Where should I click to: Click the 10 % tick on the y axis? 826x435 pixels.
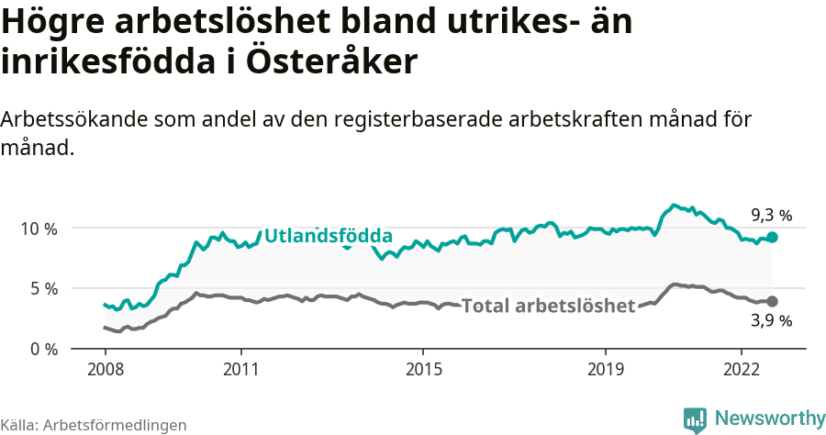(x=37, y=228)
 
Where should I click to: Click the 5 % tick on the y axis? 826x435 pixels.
(x=41, y=288)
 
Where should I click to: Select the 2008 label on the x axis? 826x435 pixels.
(x=105, y=369)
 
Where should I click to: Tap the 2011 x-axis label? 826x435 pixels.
(x=240, y=369)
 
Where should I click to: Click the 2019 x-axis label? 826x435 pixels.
(x=605, y=369)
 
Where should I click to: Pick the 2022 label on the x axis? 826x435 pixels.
(x=742, y=369)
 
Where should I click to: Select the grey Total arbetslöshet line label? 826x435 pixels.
(x=548, y=306)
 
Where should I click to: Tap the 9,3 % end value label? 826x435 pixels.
(x=771, y=216)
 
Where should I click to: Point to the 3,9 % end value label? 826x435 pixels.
(x=771, y=320)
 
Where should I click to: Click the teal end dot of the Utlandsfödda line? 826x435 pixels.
(x=772, y=237)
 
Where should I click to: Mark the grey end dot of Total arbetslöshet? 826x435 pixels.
(x=772, y=301)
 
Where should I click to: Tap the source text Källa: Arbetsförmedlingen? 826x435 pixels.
(x=94, y=425)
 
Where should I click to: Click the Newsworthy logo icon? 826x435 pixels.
(x=696, y=418)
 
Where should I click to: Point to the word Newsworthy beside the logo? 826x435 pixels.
(x=769, y=418)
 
